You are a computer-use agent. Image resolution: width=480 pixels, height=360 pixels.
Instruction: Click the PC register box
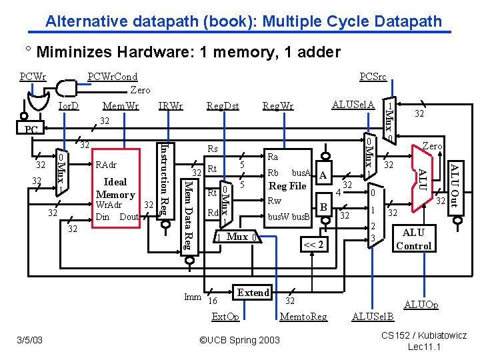pyautogui.click(x=31, y=129)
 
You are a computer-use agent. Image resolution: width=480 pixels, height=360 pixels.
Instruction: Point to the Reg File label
pyautogui.click(x=287, y=186)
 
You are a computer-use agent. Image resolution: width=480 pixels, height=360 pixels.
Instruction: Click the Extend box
pyautogui.click(x=253, y=293)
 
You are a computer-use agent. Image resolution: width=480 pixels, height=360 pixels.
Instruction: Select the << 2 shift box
pyautogui.click(x=313, y=244)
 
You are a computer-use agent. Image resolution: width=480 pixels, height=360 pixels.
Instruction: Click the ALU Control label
pyautogui.click(x=413, y=239)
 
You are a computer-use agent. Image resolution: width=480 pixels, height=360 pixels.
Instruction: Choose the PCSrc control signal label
pyautogui.click(x=373, y=77)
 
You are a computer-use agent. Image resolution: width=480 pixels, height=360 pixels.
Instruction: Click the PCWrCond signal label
pyautogui.click(x=113, y=77)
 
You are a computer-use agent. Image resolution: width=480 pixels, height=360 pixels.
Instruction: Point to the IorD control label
pyautogui.click(x=69, y=105)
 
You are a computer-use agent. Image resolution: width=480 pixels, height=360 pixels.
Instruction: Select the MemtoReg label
pyautogui.click(x=303, y=317)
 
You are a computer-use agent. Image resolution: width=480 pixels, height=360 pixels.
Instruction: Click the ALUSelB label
pyautogui.click(x=373, y=317)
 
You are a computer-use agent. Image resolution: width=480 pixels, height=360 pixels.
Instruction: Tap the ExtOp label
pyautogui.click(x=225, y=317)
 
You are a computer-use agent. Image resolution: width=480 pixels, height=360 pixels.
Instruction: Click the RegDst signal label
pyautogui.click(x=223, y=105)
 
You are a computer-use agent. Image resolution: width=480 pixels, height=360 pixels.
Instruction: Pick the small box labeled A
pyautogui.click(x=323, y=175)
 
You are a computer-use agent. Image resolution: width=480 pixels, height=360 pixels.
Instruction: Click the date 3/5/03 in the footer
pyautogui.click(x=30, y=341)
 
